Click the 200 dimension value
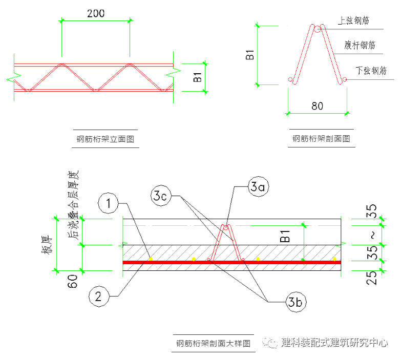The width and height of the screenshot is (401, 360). (96, 13)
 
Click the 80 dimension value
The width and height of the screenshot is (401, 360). (318, 106)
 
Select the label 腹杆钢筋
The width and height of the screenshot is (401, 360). (360, 45)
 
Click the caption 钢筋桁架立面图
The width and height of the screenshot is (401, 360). (105, 138)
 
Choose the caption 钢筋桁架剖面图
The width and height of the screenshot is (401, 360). (321, 138)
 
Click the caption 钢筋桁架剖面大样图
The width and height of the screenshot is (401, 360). (213, 343)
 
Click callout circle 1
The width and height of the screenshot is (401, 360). (108, 204)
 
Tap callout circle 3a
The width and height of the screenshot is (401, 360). (259, 187)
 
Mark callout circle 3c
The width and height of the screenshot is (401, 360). (161, 195)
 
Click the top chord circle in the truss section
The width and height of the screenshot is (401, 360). (318, 29)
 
